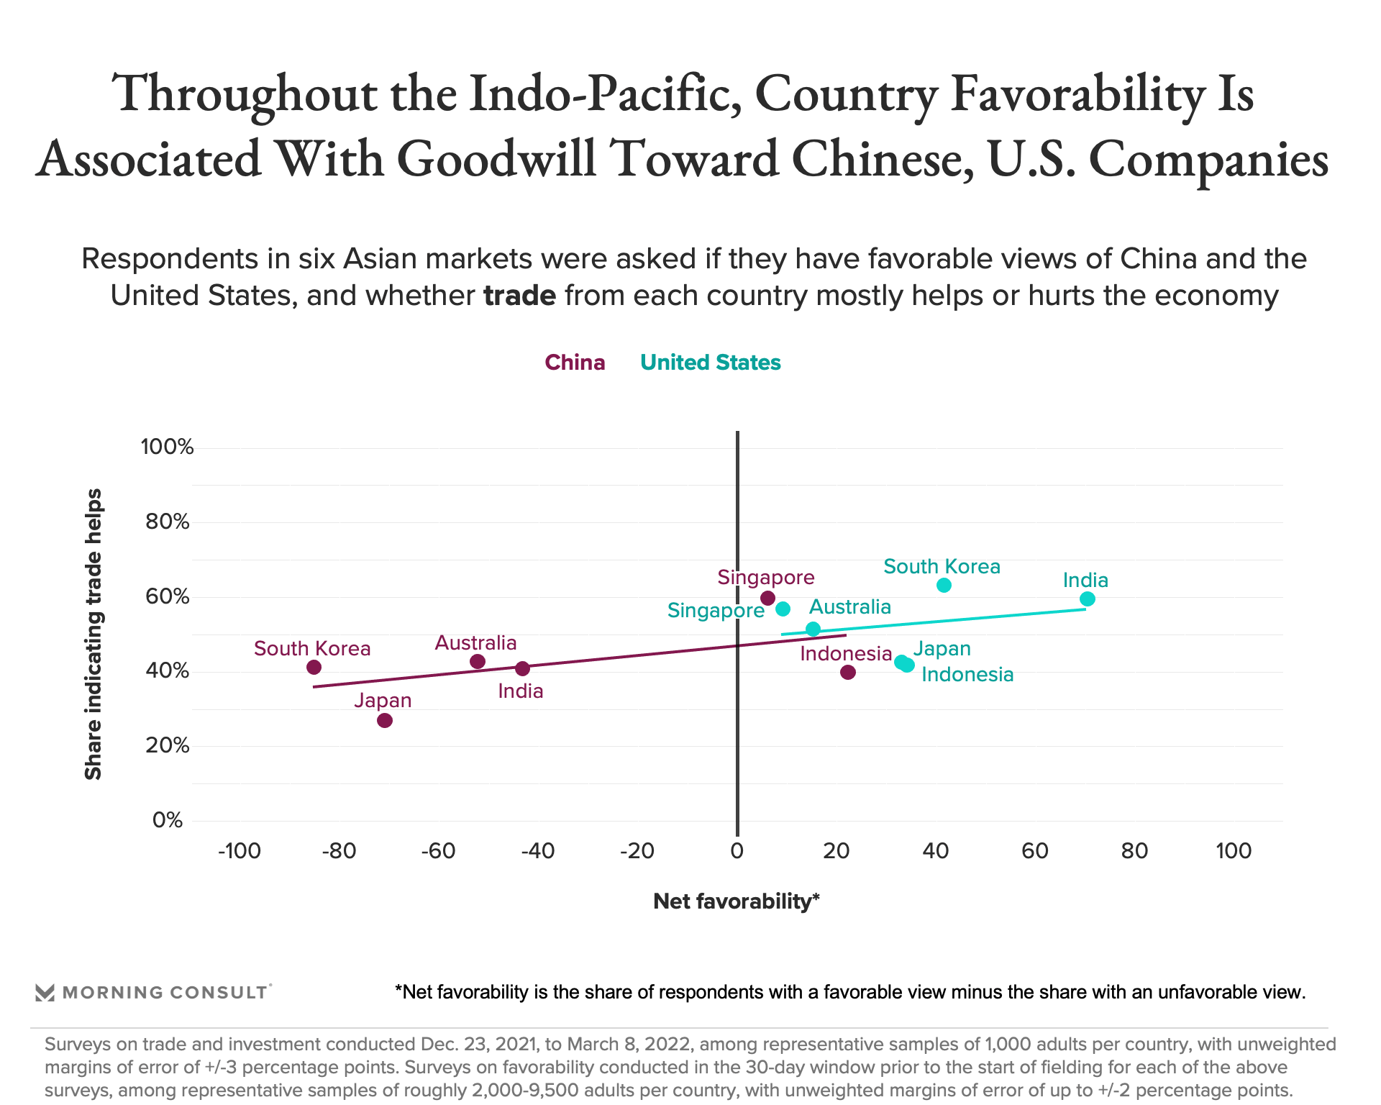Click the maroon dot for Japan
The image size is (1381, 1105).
click(x=385, y=720)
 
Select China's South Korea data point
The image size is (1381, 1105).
click(x=314, y=667)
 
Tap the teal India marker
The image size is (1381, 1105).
click(x=1088, y=599)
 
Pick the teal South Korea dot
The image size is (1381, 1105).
click(x=944, y=586)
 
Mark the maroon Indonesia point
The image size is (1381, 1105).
click(x=848, y=672)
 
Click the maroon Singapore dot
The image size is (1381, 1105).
click(x=767, y=598)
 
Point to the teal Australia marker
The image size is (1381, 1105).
click(x=813, y=629)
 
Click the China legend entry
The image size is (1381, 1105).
click(x=575, y=362)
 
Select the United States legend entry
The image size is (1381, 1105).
click(x=710, y=362)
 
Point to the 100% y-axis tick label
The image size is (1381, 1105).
click(x=168, y=447)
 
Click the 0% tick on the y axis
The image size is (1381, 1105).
click(x=168, y=820)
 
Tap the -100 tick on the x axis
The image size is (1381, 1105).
click(x=239, y=851)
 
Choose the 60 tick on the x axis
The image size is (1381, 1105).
click(x=1035, y=851)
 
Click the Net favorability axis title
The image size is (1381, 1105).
click(x=737, y=901)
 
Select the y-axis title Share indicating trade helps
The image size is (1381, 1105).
click(x=94, y=634)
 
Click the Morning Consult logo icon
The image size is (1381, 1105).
click(x=45, y=993)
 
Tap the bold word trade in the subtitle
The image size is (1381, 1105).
click(x=519, y=296)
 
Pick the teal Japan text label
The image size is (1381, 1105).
click(x=942, y=649)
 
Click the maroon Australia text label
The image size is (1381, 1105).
click(x=475, y=642)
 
